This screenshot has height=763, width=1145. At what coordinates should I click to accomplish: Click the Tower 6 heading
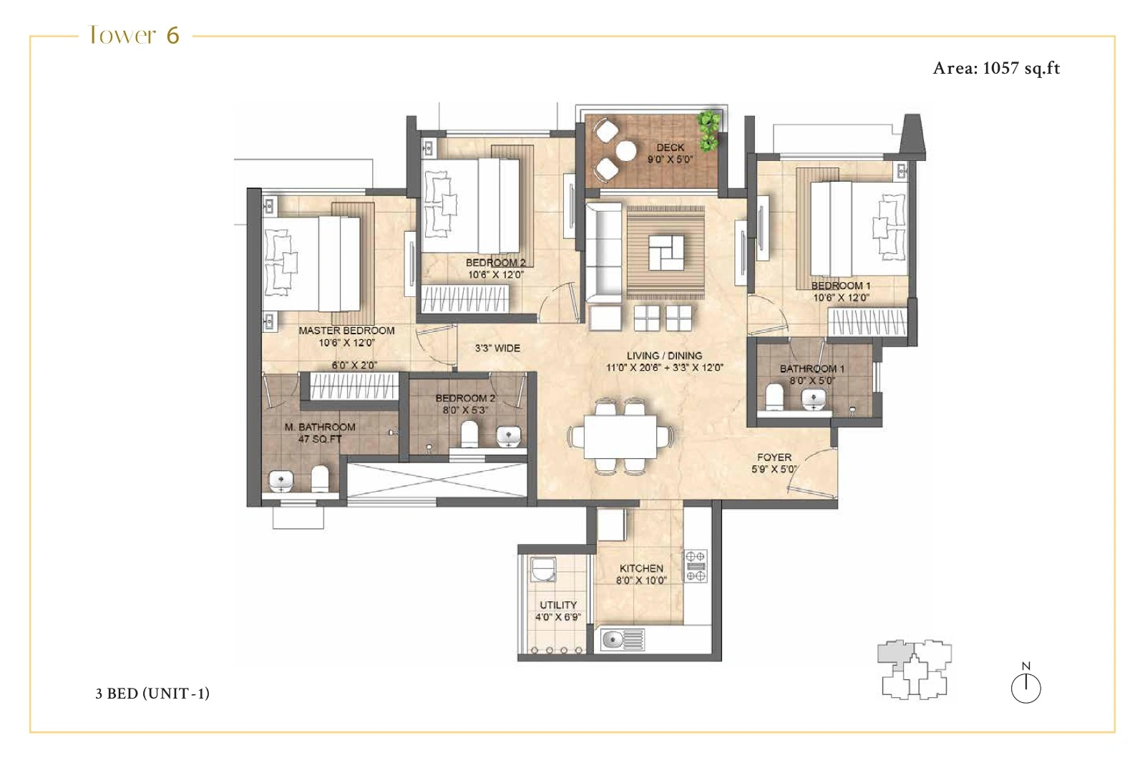pyautogui.click(x=134, y=35)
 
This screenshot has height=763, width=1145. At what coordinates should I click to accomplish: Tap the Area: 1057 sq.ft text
pyautogui.click(x=996, y=68)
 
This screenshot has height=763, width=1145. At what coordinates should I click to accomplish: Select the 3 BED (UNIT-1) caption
pyautogui.click(x=152, y=693)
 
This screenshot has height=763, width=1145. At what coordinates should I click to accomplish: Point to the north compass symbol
pyautogui.click(x=1025, y=686)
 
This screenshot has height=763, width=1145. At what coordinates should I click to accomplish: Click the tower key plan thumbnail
pyautogui.click(x=914, y=669)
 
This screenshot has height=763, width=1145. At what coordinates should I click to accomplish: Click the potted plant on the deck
pyautogui.click(x=708, y=130)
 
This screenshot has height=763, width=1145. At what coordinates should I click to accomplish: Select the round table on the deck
pyautogui.click(x=627, y=151)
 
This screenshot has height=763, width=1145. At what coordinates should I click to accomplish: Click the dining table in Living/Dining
pyautogui.click(x=620, y=437)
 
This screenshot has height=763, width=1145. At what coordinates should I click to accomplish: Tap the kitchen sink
pyautogui.click(x=621, y=639)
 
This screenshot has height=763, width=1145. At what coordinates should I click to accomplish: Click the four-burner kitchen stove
pyautogui.click(x=696, y=565)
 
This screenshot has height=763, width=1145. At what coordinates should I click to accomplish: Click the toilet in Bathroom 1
pyautogui.click(x=774, y=398)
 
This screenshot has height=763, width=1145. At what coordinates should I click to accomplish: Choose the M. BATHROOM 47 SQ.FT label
pyautogui.click(x=320, y=432)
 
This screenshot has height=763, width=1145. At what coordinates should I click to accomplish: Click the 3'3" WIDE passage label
pyautogui.click(x=497, y=349)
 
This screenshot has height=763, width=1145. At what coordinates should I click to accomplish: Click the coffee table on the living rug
pyautogui.click(x=666, y=252)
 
